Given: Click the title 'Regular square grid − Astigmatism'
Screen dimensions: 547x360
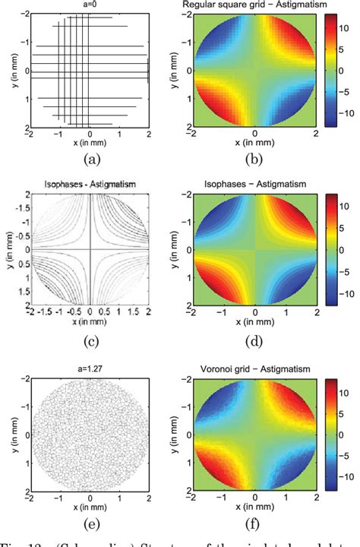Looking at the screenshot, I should coord(250,5).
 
